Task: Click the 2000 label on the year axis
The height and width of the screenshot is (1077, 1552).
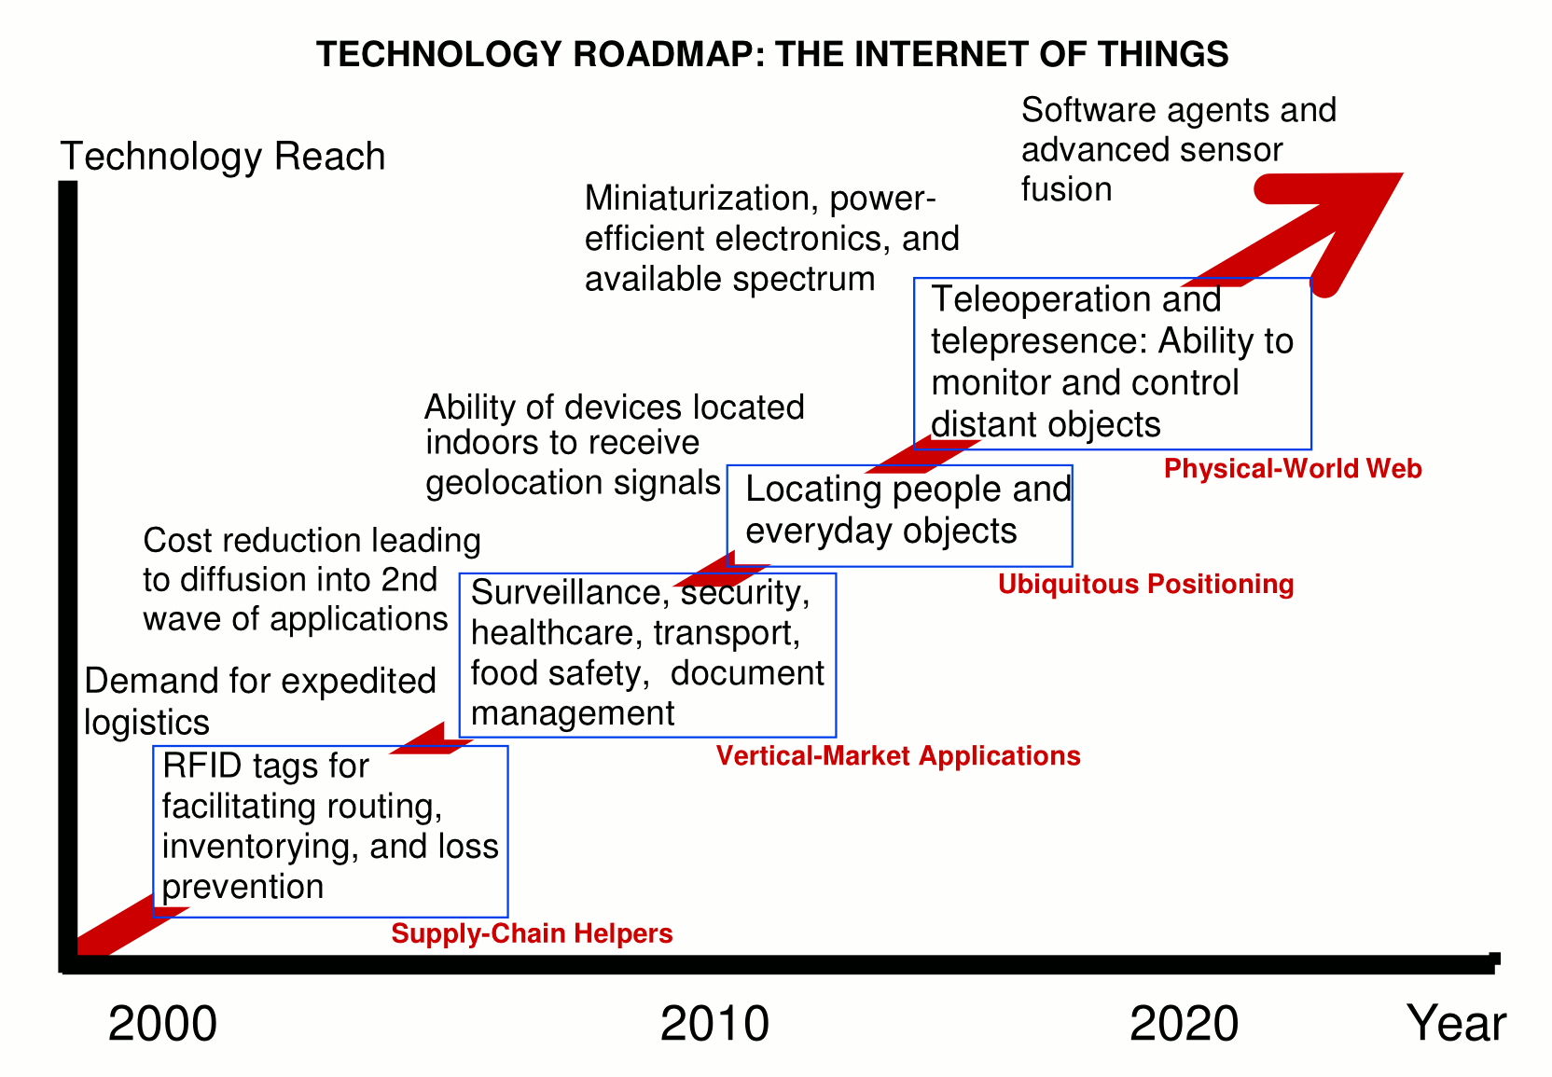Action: (x=162, y=1024)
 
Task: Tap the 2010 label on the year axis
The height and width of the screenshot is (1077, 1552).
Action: (x=714, y=1024)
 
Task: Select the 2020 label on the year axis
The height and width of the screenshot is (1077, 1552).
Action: (x=1184, y=1024)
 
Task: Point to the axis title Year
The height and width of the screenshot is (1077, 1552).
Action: (x=1456, y=1023)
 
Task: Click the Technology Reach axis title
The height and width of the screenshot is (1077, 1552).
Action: (x=222, y=156)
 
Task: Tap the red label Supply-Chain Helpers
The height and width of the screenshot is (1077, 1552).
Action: (x=532, y=933)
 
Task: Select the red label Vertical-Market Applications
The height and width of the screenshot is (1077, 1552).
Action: (x=898, y=755)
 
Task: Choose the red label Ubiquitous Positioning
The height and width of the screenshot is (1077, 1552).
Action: (x=1145, y=584)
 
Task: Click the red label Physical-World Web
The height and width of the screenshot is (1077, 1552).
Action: (x=1293, y=469)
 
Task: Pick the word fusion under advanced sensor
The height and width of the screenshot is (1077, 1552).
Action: (x=1066, y=189)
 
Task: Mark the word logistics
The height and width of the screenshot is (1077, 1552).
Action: (x=146, y=723)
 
